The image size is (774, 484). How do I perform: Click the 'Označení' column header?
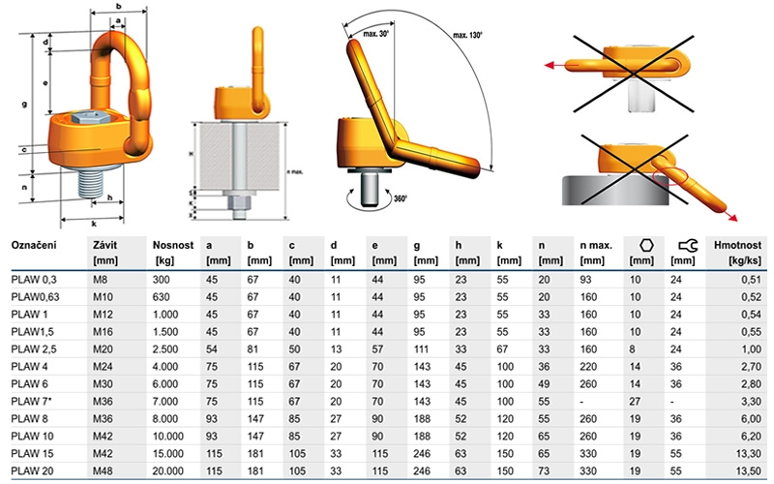pyautogui.click(x=34, y=246)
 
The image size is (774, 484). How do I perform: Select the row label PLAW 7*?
pyautogui.click(x=32, y=401)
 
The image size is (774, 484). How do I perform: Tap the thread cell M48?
pyautogui.click(x=103, y=470)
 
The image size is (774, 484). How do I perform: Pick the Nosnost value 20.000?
pyautogui.click(x=167, y=470)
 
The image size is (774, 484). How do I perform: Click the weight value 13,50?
pyautogui.click(x=751, y=470)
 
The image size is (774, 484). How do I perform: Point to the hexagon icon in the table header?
pyautogui.click(x=646, y=246)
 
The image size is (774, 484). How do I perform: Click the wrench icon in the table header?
pyautogui.click(x=688, y=246)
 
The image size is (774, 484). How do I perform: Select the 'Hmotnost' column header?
pyautogui.click(x=737, y=246)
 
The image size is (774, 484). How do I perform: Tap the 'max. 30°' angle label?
pyautogui.click(x=375, y=34)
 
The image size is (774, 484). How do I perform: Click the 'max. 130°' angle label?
pyautogui.click(x=467, y=35)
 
